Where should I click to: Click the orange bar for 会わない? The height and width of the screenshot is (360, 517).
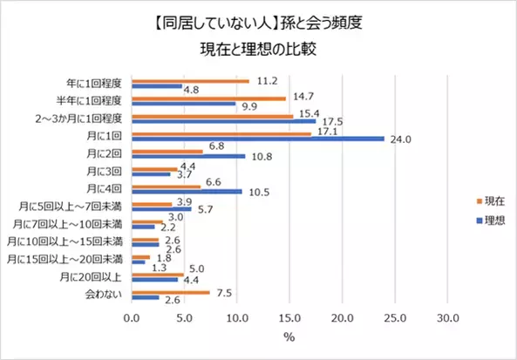(x=171, y=292)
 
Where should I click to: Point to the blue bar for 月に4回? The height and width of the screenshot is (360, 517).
(x=187, y=191)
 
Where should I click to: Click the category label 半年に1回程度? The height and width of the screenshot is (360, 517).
(x=99, y=101)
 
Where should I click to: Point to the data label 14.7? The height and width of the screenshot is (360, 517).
(x=304, y=97)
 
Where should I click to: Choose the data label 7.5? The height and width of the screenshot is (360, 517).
(x=224, y=292)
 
